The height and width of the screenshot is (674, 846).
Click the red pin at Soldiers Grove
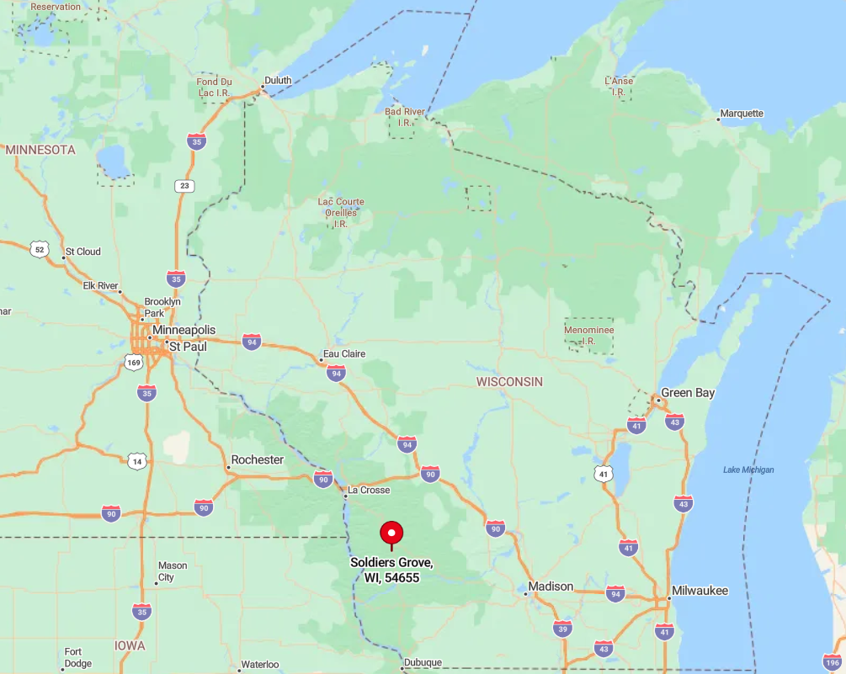(x=391, y=533)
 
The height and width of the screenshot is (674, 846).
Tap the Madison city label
(x=551, y=586)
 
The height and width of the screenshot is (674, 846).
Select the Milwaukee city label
(x=700, y=591)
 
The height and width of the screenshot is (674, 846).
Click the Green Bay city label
(x=688, y=393)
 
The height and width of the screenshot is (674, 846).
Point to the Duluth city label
(x=278, y=81)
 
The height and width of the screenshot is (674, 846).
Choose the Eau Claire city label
(x=343, y=354)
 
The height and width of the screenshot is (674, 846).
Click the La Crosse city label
(x=369, y=490)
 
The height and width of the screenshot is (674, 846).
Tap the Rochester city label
(x=258, y=460)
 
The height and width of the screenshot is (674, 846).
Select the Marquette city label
(x=742, y=114)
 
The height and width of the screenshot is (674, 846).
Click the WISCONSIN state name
(x=509, y=382)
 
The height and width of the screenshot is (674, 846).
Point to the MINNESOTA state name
(x=40, y=150)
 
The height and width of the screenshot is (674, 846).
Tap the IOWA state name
(x=130, y=645)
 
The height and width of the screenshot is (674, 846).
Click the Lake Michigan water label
(x=748, y=470)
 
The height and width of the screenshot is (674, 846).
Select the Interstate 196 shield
(x=832, y=661)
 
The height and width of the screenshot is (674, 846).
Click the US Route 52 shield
(x=40, y=248)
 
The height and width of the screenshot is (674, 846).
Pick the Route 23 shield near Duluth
(x=184, y=186)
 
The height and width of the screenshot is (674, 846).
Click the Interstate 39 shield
(x=562, y=628)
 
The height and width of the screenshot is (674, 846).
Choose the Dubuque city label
(x=423, y=663)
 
